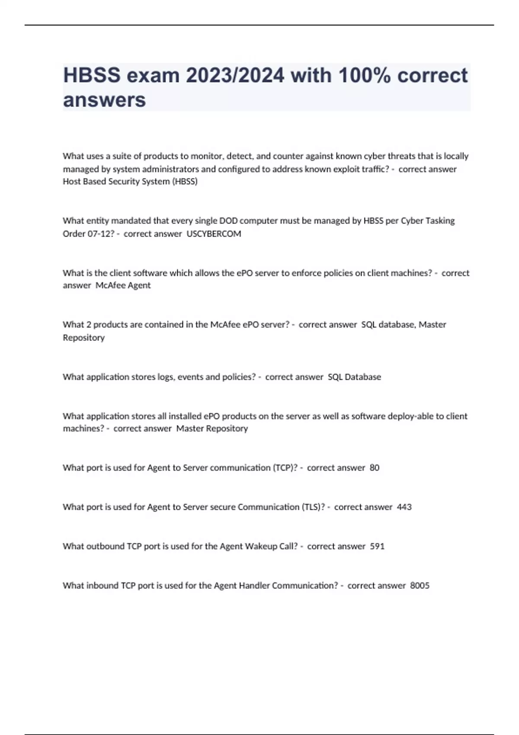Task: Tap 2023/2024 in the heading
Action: coord(235,76)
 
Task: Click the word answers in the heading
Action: coord(105,100)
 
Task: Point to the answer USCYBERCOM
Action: coord(214,234)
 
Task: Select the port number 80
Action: coord(375,468)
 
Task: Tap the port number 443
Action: coord(404,507)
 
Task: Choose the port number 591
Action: coord(377,546)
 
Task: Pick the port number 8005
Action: coord(420,586)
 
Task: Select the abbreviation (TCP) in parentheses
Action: coord(285,468)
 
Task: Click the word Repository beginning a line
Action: coord(84,338)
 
